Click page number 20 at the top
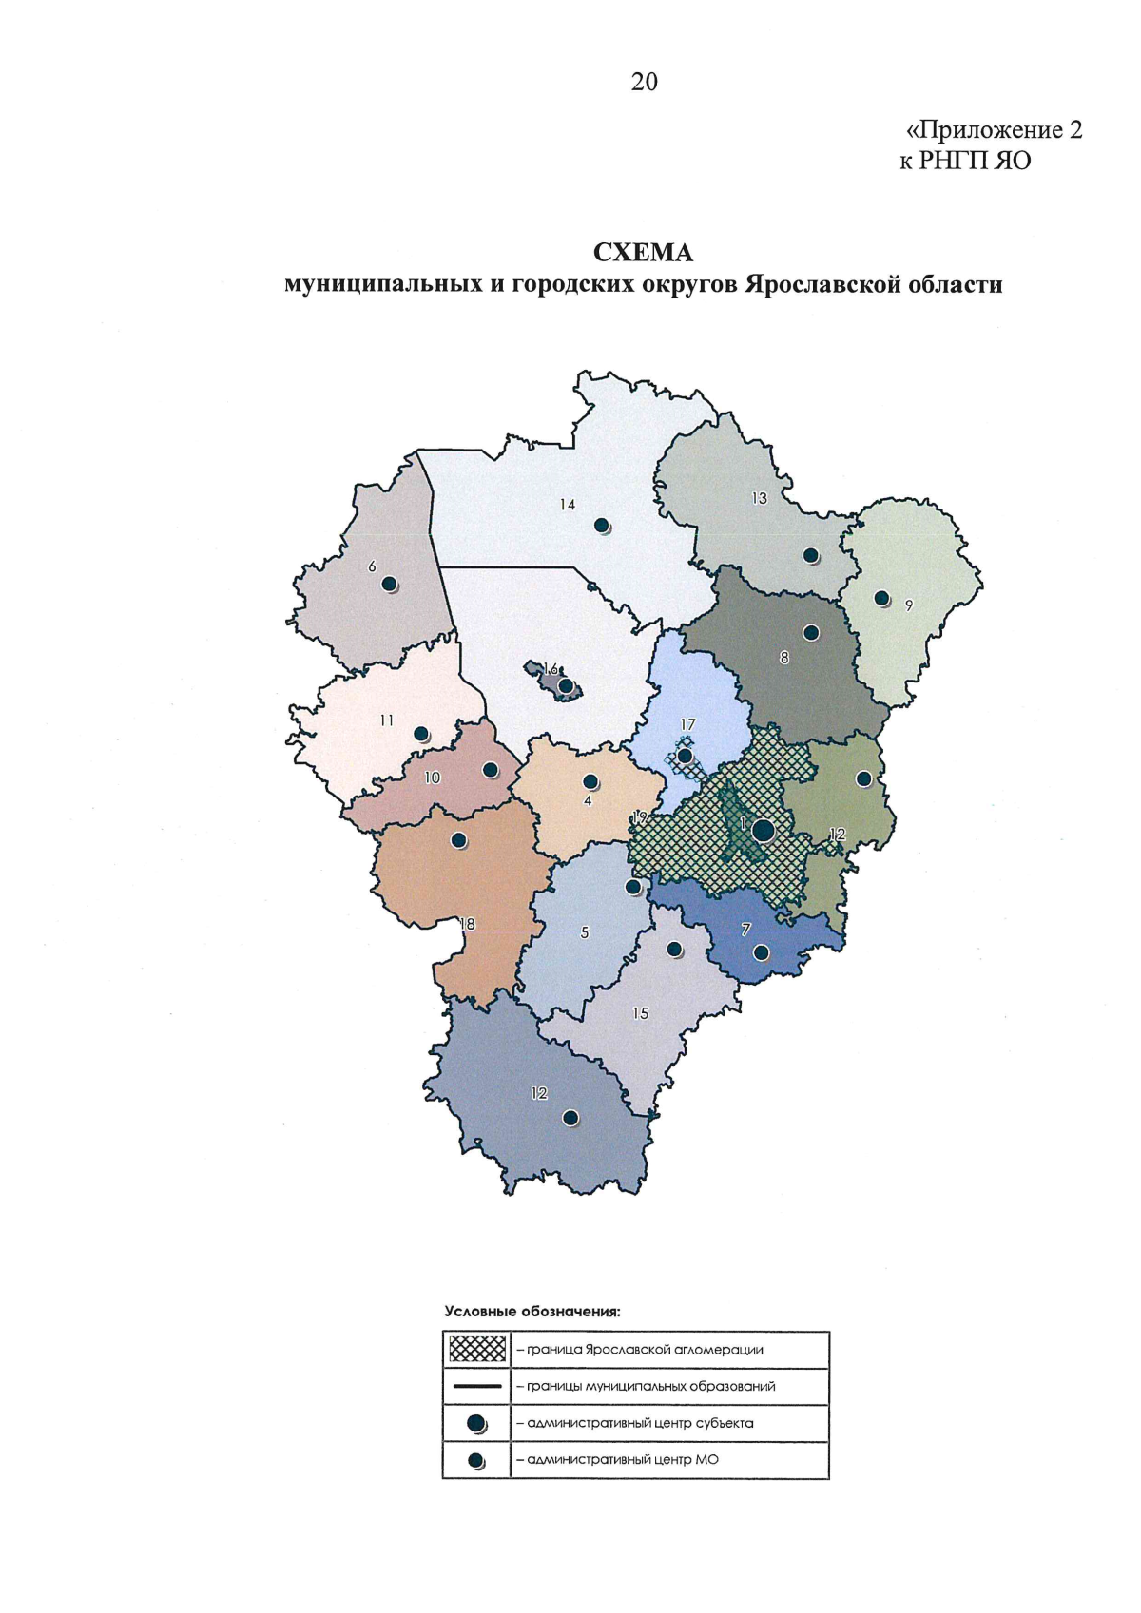[x=644, y=83]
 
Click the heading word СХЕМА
[x=643, y=253]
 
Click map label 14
[x=568, y=505]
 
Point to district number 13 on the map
[x=759, y=497]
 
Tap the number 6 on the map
[x=373, y=566]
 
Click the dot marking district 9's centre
[x=881, y=598]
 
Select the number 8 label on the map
[x=784, y=657]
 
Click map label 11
[x=386, y=720]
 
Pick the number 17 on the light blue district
[x=687, y=724]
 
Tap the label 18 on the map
[x=467, y=923]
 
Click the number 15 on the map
[x=641, y=1013]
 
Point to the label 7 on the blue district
[x=746, y=931]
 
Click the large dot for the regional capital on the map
[x=763, y=830]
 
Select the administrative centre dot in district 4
[x=590, y=781]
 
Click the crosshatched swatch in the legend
[x=476, y=1349]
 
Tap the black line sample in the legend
[x=476, y=1386]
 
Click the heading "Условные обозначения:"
[x=532, y=1312]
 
